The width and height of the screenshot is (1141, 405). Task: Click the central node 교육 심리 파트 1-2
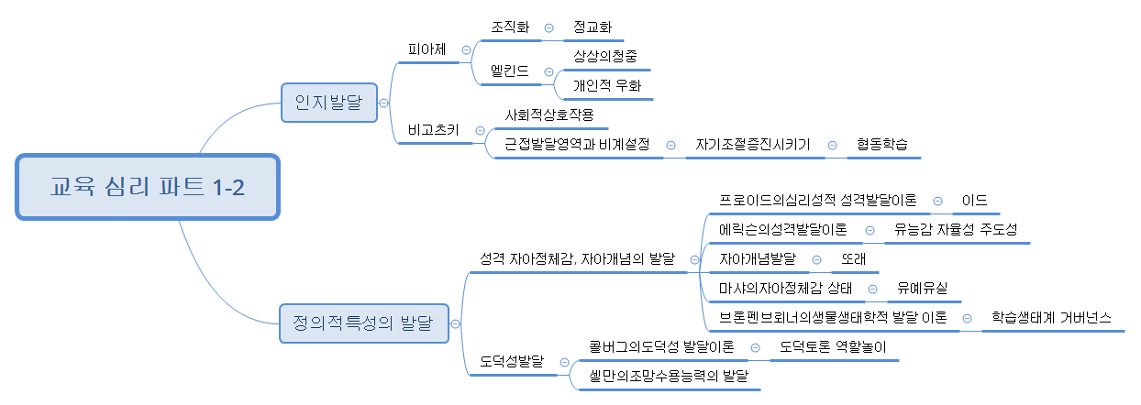coord(147,187)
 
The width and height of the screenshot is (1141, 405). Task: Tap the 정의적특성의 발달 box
coord(364,323)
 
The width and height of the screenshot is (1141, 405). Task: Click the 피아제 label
coord(427,49)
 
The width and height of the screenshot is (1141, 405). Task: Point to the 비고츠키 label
coord(434,130)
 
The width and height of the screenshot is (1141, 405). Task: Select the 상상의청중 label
coord(602,57)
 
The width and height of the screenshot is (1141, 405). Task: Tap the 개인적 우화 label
coord(602,85)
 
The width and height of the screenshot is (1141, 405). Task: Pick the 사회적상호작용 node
coord(549,115)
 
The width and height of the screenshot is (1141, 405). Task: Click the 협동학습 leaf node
coord(882,145)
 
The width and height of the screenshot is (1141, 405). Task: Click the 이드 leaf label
coord(974,201)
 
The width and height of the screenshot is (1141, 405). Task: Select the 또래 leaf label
coord(854,259)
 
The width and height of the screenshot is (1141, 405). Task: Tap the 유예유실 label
coord(923,289)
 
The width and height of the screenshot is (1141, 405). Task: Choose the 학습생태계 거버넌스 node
coord(1051,318)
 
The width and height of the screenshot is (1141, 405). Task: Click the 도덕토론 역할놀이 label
coord(833,347)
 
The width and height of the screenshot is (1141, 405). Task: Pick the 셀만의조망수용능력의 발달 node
coord(669,377)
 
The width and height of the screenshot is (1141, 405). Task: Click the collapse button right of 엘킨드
coord(548,71)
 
